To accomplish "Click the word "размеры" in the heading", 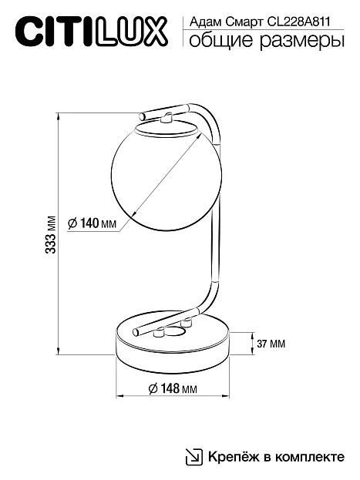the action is [x=302, y=42].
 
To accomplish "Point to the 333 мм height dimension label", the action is [x=51, y=234].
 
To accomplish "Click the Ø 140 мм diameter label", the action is [x=93, y=223].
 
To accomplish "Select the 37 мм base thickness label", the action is [x=271, y=344].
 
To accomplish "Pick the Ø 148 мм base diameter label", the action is [x=173, y=388].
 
